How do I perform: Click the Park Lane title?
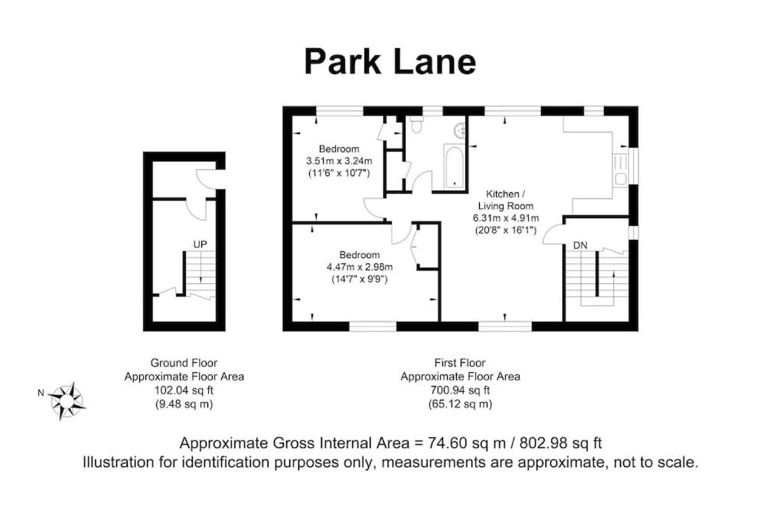[x=390, y=62]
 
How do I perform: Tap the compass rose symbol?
[x=67, y=400]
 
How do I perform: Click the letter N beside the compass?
[x=41, y=393]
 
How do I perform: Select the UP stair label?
[x=200, y=244]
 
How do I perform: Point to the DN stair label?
[x=580, y=246]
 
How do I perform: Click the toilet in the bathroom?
[x=416, y=125]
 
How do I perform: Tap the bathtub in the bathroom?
[x=455, y=166]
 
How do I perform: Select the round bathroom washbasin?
[x=460, y=129]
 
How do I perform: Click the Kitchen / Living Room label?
[x=506, y=200]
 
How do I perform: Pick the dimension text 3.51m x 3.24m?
[x=339, y=161]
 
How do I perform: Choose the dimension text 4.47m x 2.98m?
[x=360, y=266]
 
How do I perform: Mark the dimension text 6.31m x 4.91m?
[x=506, y=217]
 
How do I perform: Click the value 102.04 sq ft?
[x=184, y=390]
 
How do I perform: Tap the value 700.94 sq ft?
[x=461, y=390]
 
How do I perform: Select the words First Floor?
[x=460, y=363]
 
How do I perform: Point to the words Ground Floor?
[x=184, y=363]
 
